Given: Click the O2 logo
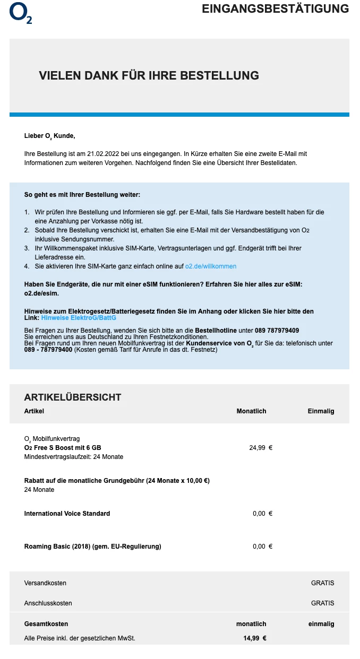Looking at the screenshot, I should point(21,14).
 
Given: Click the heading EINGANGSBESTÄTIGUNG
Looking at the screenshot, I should point(275,9).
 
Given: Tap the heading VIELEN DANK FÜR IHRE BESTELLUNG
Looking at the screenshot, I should point(149,75).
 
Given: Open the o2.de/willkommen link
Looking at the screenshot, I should point(211,266).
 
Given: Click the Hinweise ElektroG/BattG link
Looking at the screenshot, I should point(79,318).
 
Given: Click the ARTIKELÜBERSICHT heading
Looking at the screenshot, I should point(73,397).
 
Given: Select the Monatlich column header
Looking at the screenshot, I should point(251,411).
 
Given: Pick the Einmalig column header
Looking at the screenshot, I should point(321,411).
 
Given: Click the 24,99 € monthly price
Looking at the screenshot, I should point(261,448).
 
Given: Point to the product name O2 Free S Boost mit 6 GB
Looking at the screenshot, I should point(63,448).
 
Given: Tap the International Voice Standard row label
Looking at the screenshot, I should point(67,514).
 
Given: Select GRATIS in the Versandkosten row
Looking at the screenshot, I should point(322,583).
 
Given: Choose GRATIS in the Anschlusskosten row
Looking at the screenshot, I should point(322,603).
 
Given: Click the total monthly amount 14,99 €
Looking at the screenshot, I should point(255,638).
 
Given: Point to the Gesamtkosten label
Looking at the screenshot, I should point(46,624).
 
